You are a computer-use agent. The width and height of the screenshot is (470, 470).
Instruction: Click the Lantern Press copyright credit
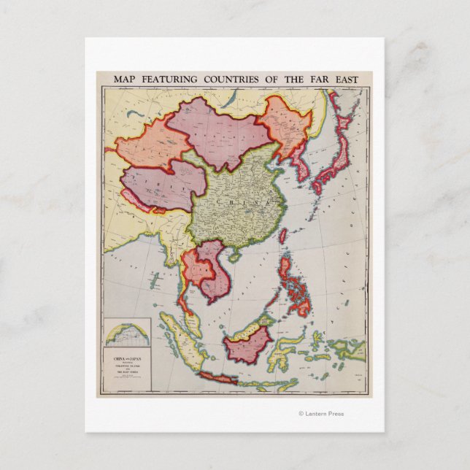click(321, 414)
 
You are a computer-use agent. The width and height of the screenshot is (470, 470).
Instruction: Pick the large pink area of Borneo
click(248, 344)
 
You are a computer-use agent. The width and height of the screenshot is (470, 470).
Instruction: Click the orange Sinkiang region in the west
click(146, 146)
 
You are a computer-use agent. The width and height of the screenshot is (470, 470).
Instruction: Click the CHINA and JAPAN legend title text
click(126, 359)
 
